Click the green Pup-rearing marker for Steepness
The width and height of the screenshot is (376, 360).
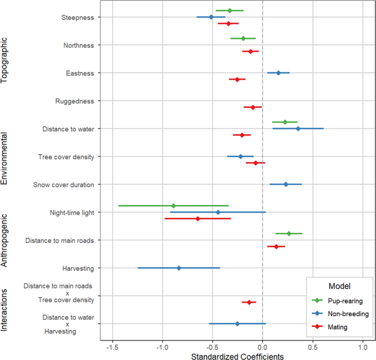[229, 10]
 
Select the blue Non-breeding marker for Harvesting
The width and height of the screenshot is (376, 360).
[179, 268]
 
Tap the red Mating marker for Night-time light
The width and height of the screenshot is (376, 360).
[198, 219]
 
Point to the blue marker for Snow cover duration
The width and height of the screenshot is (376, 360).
[286, 185]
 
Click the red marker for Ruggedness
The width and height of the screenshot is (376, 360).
[253, 107]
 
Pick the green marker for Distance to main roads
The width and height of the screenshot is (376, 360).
[289, 234]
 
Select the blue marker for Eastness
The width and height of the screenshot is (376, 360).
[278, 73]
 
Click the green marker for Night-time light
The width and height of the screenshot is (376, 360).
[173, 206]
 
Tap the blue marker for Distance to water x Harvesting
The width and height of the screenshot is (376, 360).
[237, 324]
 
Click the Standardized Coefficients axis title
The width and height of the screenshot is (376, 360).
[237, 356]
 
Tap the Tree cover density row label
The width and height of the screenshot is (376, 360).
[66, 157]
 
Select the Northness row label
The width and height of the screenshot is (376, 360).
[78, 45]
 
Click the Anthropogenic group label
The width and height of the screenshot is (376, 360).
[4, 240]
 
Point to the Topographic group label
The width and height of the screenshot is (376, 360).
[4, 59]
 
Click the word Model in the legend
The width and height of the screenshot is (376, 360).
[339, 286]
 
